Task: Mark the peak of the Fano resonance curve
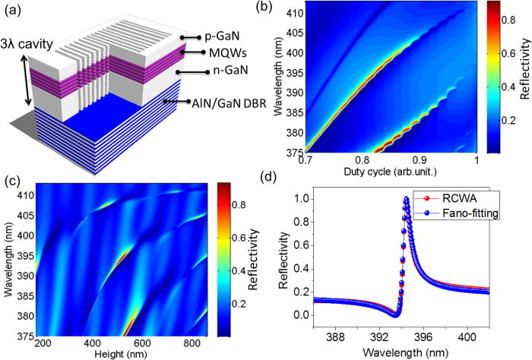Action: [407, 200]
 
